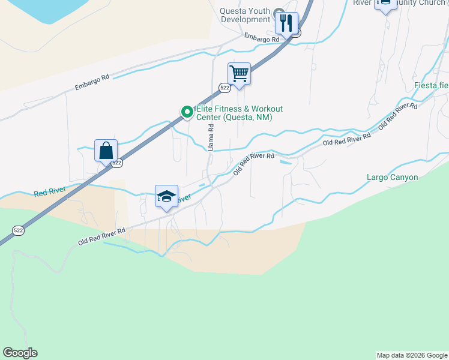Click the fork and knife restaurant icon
click(x=287, y=23)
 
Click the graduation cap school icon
click(x=166, y=196)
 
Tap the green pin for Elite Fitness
click(x=187, y=112)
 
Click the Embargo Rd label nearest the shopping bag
click(x=92, y=82)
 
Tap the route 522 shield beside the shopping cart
click(x=224, y=88)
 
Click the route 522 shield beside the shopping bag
click(x=117, y=163)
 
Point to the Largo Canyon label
click(x=392, y=177)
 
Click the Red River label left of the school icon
click(x=49, y=193)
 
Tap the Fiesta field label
click(x=431, y=85)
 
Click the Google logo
click(x=20, y=353)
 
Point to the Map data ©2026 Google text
click(x=412, y=355)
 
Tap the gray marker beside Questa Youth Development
click(x=279, y=14)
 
